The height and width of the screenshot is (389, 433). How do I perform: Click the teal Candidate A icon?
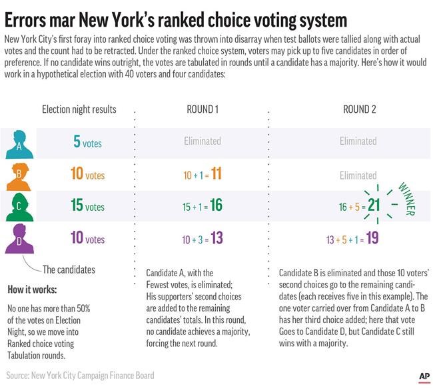(19, 143)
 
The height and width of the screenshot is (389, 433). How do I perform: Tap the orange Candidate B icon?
(19, 176)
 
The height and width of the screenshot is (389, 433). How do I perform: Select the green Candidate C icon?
(19, 207)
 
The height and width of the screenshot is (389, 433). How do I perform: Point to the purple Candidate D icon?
(19, 239)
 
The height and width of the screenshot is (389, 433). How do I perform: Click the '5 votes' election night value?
(87, 141)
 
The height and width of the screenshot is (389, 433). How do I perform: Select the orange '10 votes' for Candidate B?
(87, 174)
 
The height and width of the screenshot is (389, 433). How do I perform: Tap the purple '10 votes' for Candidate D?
(87, 238)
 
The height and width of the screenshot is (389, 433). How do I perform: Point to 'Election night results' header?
(79, 109)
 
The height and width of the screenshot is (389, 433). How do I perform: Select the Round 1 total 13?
(217, 238)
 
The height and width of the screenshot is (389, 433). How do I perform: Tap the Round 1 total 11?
(217, 174)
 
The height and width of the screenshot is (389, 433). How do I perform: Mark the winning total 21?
(374, 206)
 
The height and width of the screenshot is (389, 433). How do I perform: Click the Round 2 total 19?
(373, 238)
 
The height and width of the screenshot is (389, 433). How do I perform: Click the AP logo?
(424, 377)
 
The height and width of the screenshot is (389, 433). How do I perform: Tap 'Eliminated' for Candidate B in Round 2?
(358, 175)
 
